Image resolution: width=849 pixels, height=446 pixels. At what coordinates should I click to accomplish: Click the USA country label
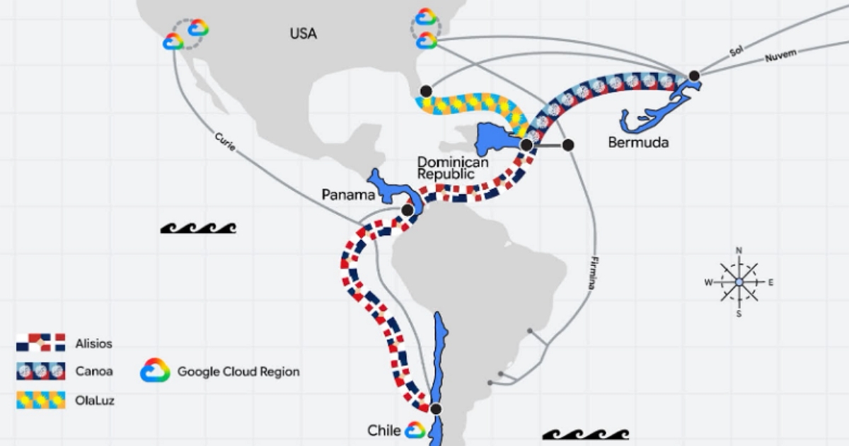pyautogui.click(x=304, y=34)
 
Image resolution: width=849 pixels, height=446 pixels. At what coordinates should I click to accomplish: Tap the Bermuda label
pyautogui.click(x=639, y=142)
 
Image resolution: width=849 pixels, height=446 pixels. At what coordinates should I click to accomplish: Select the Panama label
pyautogui.click(x=348, y=195)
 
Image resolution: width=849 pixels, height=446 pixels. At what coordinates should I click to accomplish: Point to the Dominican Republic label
pyautogui.click(x=453, y=168)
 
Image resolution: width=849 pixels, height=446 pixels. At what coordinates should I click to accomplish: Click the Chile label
pyautogui.click(x=384, y=430)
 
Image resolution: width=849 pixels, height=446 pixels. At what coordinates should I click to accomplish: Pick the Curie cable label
pyautogui.click(x=225, y=142)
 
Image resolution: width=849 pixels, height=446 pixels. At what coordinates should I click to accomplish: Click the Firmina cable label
pyautogui.click(x=594, y=273)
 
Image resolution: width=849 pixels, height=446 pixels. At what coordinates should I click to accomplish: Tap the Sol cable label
pyautogui.click(x=736, y=51)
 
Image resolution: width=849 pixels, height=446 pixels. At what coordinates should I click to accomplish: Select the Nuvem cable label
pyautogui.click(x=781, y=56)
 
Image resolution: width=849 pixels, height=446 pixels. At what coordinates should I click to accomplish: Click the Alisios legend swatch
pyautogui.click(x=40, y=343)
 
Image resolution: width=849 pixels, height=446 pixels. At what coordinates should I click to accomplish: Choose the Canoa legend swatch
pyautogui.click(x=40, y=371)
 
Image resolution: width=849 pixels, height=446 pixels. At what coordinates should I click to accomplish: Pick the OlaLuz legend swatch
pyautogui.click(x=40, y=400)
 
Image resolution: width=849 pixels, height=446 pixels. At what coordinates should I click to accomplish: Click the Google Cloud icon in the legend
pyautogui.click(x=155, y=370)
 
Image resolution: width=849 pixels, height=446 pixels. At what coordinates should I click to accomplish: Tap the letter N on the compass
pyautogui.click(x=739, y=251)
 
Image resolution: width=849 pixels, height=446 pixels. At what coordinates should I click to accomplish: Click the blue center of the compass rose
pyautogui.click(x=739, y=282)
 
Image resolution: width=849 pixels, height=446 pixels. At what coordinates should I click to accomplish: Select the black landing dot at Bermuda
pyautogui.click(x=694, y=76)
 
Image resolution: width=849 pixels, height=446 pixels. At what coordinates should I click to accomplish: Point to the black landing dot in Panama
pyautogui.click(x=408, y=210)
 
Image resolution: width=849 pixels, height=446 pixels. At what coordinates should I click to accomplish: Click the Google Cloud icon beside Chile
pyautogui.click(x=415, y=430)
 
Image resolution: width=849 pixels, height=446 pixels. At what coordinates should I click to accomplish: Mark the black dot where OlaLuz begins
pyautogui.click(x=426, y=91)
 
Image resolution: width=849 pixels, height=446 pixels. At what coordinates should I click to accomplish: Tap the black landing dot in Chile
pyautogui.click(x=436, y=409)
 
